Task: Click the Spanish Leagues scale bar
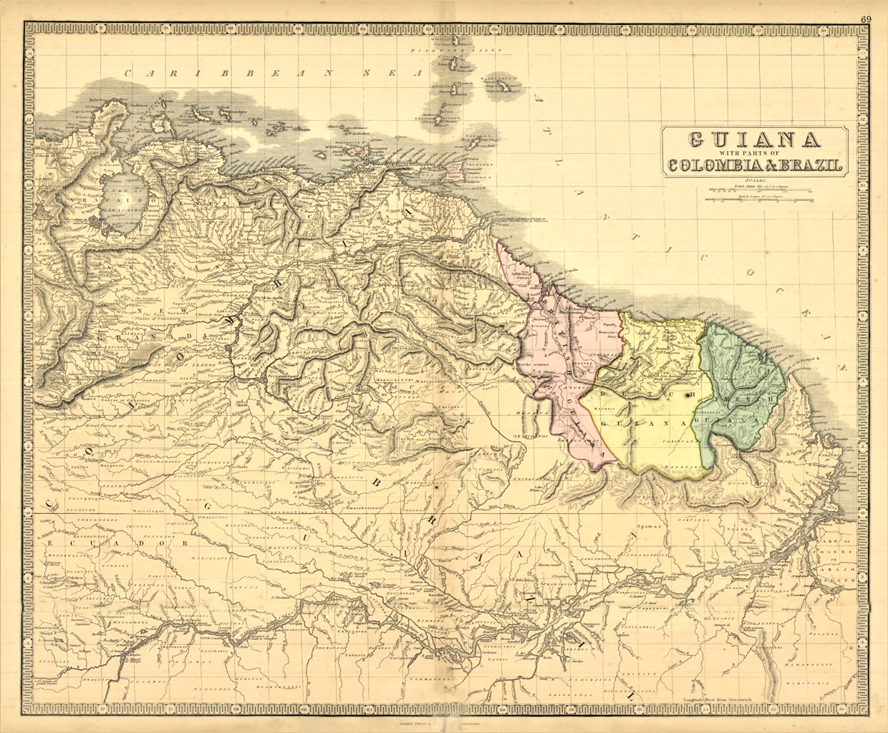[x=753, y=200]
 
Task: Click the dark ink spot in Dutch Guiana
[x=689, y=394]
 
